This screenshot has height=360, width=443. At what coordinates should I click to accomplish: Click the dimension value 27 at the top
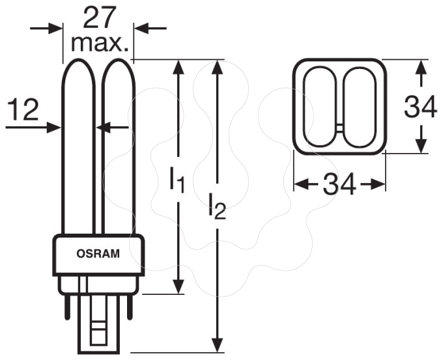coord(100,17)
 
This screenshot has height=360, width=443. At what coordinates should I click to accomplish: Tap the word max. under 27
coord(100,44)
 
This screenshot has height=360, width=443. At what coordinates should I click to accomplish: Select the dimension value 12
coord(23,110)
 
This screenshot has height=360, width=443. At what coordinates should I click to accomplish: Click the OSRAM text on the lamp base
coord(98,253)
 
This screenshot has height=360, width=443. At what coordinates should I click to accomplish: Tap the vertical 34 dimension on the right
coord(420,107)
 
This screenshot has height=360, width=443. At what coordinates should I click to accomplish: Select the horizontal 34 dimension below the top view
coord(339,184)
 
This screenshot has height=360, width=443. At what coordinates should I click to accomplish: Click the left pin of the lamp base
coord(67,307)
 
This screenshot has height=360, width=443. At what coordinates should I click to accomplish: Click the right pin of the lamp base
coord(130,307)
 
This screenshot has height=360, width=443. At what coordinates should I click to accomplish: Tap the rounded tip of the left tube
coord(78,60)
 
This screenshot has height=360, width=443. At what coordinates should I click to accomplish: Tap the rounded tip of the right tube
coord(119,60)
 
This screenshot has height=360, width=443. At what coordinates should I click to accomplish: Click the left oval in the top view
coord(304,107)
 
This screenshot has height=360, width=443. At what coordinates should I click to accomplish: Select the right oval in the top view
coord(376,107)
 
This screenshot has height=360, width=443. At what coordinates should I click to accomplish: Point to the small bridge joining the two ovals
coord(340,128)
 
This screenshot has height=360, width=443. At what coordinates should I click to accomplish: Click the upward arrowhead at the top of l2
coord(217,67)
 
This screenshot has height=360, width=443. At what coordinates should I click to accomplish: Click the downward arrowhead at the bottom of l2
coord(217,345)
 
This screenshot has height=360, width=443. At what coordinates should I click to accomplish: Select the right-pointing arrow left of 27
coord(46,29)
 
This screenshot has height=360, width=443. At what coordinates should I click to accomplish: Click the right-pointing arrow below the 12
coord(33,128)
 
